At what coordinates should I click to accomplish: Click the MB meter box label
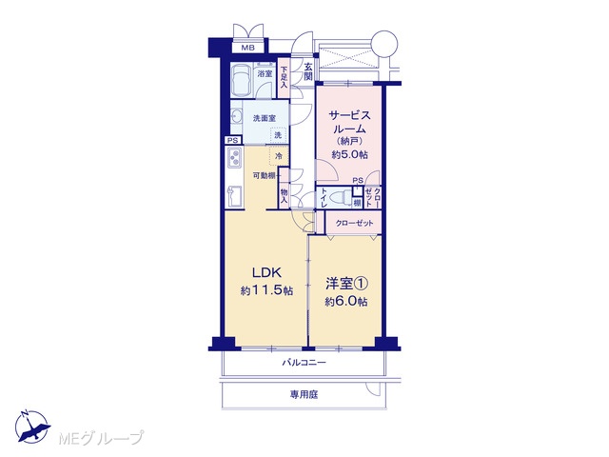(247, 48)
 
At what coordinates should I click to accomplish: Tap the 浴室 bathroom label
(265, 73)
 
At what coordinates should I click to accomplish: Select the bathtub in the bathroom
(242, 80)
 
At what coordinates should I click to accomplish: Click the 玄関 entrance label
(308, 71)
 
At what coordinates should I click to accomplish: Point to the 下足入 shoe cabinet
(284, 77)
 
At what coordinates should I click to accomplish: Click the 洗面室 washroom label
(265, 118)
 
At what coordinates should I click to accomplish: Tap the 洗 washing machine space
(278, 135)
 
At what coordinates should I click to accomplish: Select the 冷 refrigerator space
(279, 156)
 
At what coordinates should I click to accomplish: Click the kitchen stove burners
(235, 157)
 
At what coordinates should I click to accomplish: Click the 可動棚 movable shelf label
(265, 175)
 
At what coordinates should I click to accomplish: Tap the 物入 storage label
(284, 196)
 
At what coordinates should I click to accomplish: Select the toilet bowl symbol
(339, 196)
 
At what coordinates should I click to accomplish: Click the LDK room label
(266, 273)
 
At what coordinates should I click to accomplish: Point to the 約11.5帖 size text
(266, 290)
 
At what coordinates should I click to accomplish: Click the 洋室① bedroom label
(346, 284)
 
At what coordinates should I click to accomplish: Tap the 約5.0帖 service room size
(349, 154)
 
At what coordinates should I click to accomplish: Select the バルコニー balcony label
(304, 363)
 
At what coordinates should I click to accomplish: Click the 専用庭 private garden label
(304, 395)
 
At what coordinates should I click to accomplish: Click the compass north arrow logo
(31, 427)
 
